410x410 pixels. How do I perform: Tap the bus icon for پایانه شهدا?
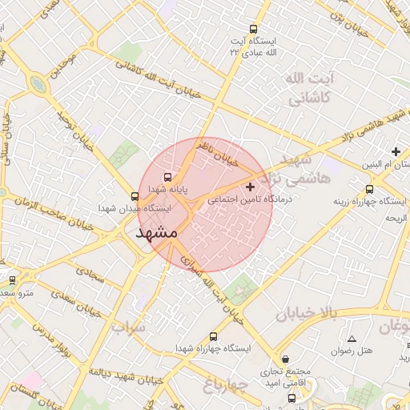pos(167,177)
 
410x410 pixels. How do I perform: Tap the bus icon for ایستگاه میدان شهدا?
pos(135,195)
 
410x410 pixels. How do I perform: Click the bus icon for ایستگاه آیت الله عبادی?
pos(254,29)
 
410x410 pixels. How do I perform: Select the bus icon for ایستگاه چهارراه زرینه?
pos(368,190)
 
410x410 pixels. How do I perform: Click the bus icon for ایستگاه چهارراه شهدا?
pos(212,336)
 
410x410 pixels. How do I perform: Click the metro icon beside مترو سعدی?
pos(12,280)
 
